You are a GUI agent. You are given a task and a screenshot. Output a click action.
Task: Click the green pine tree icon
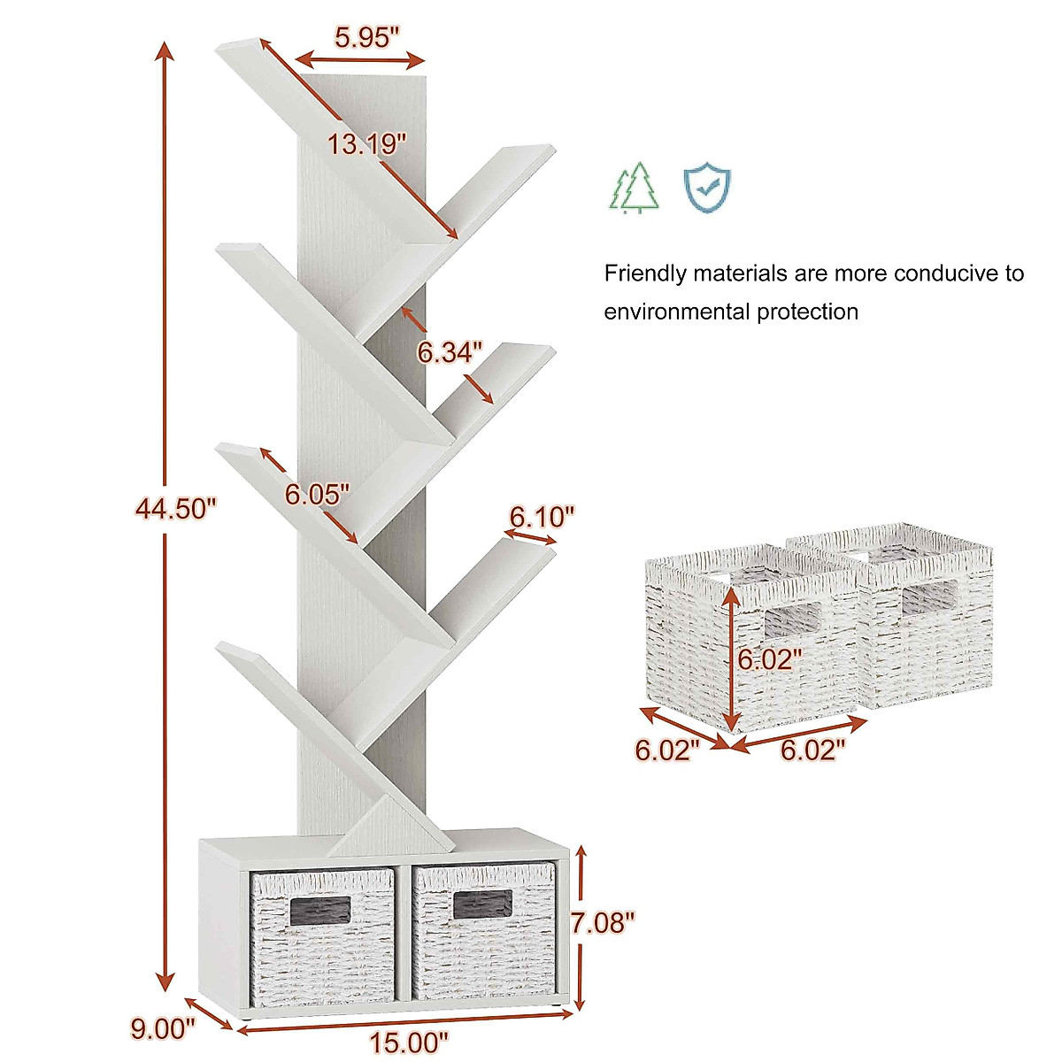(x=635, y=187)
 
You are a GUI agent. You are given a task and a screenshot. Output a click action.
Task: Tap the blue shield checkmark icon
(x=706, y=185)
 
